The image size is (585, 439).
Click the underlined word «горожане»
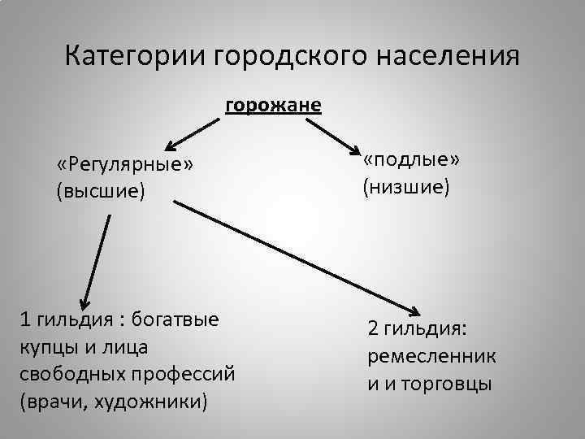click(x=273, y=106)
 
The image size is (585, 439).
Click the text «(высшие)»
click(x=100, y=191)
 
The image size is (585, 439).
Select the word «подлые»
click(x=411, y=160)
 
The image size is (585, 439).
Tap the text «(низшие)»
click(x=406, y=188)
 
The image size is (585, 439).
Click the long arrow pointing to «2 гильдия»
click(x=297, y=256)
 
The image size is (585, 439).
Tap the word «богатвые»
click(x=175, y=318)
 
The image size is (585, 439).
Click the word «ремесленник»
click(x=432, y=356)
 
